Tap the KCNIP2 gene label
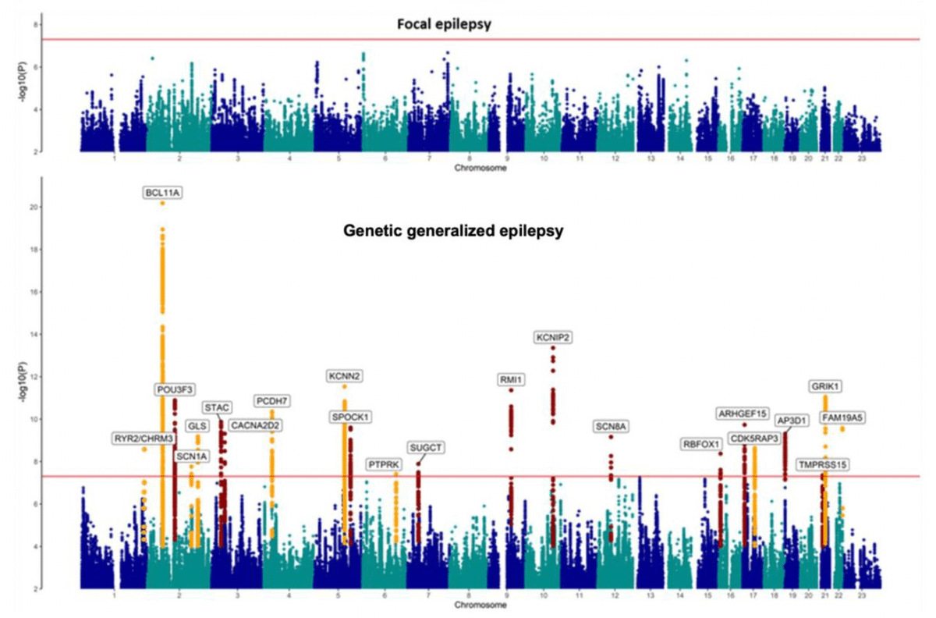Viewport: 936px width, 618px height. click(x=553, y=338)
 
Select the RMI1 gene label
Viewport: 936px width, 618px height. click(x=511, y=380)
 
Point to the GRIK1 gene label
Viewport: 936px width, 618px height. click(x=825, y=386)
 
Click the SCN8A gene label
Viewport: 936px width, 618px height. click(x=611, y=426)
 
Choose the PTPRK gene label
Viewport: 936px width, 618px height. click(x=385, y=464)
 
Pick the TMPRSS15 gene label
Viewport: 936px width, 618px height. click(x=822, y=465)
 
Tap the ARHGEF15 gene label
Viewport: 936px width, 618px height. click(x=743, y=413)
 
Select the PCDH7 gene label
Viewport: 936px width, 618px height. click(x=272, y=401)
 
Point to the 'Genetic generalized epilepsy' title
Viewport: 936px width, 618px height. click(x=454, y=231)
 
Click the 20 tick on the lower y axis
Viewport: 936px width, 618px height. click(x=37, y=207)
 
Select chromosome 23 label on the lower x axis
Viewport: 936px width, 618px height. click(x=861, y=595)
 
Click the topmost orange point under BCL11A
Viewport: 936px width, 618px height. click(x=162, y=203)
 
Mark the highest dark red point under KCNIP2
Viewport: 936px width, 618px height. click(x=553, y=348)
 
